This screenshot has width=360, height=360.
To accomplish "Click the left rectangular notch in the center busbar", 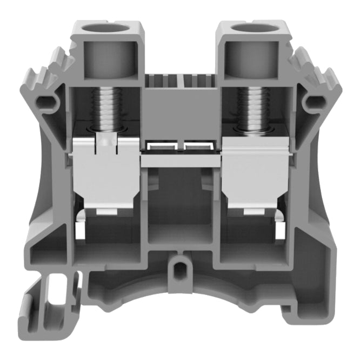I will click(161, 146).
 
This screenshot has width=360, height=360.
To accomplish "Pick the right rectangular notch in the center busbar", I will click(198, 146).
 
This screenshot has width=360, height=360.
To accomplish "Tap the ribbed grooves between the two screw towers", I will click(179, 82).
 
